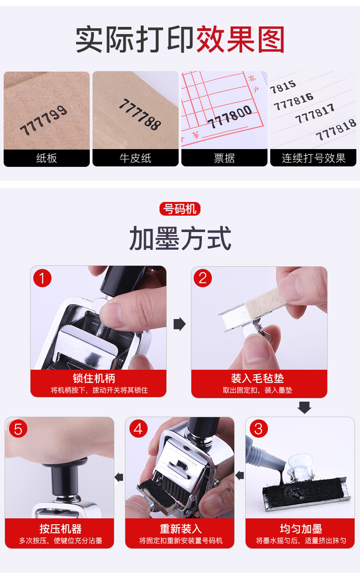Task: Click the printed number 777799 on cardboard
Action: (x=44, y=120)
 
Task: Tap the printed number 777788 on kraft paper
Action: (x=140, y=114)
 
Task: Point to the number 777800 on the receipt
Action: (x=230, y=117)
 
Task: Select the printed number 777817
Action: (x=314, y=114)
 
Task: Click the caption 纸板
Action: (x=46, y=158)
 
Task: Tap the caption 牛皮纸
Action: (x=135, y=158)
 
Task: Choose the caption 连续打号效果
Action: (x=314, y=158)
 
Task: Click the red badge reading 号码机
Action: (x=180, y=209)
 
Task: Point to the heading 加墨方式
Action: (x=180, y=238)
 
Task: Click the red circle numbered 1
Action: (x=42, y=278)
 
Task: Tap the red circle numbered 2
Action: (x=202, y=278)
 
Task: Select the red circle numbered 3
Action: (x=258, y=429)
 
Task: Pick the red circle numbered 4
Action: (x=139, y=429)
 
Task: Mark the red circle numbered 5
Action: (x=18, y=429)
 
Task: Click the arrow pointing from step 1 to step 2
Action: (x=180, y=324)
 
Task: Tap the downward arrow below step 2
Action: (x=304, y=408)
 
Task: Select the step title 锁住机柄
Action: (x=94, y=378)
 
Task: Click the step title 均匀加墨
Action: (x=301, y=529)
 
